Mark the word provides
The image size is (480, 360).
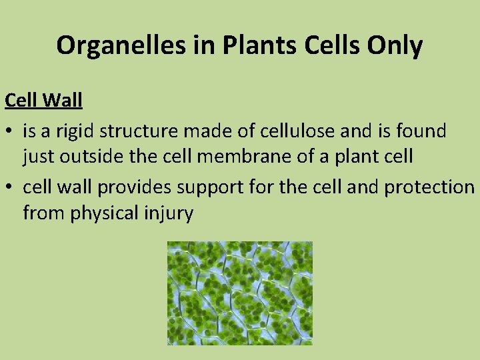[x=129, y=187]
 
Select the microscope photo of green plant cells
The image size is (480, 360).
[x=239, y=293]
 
